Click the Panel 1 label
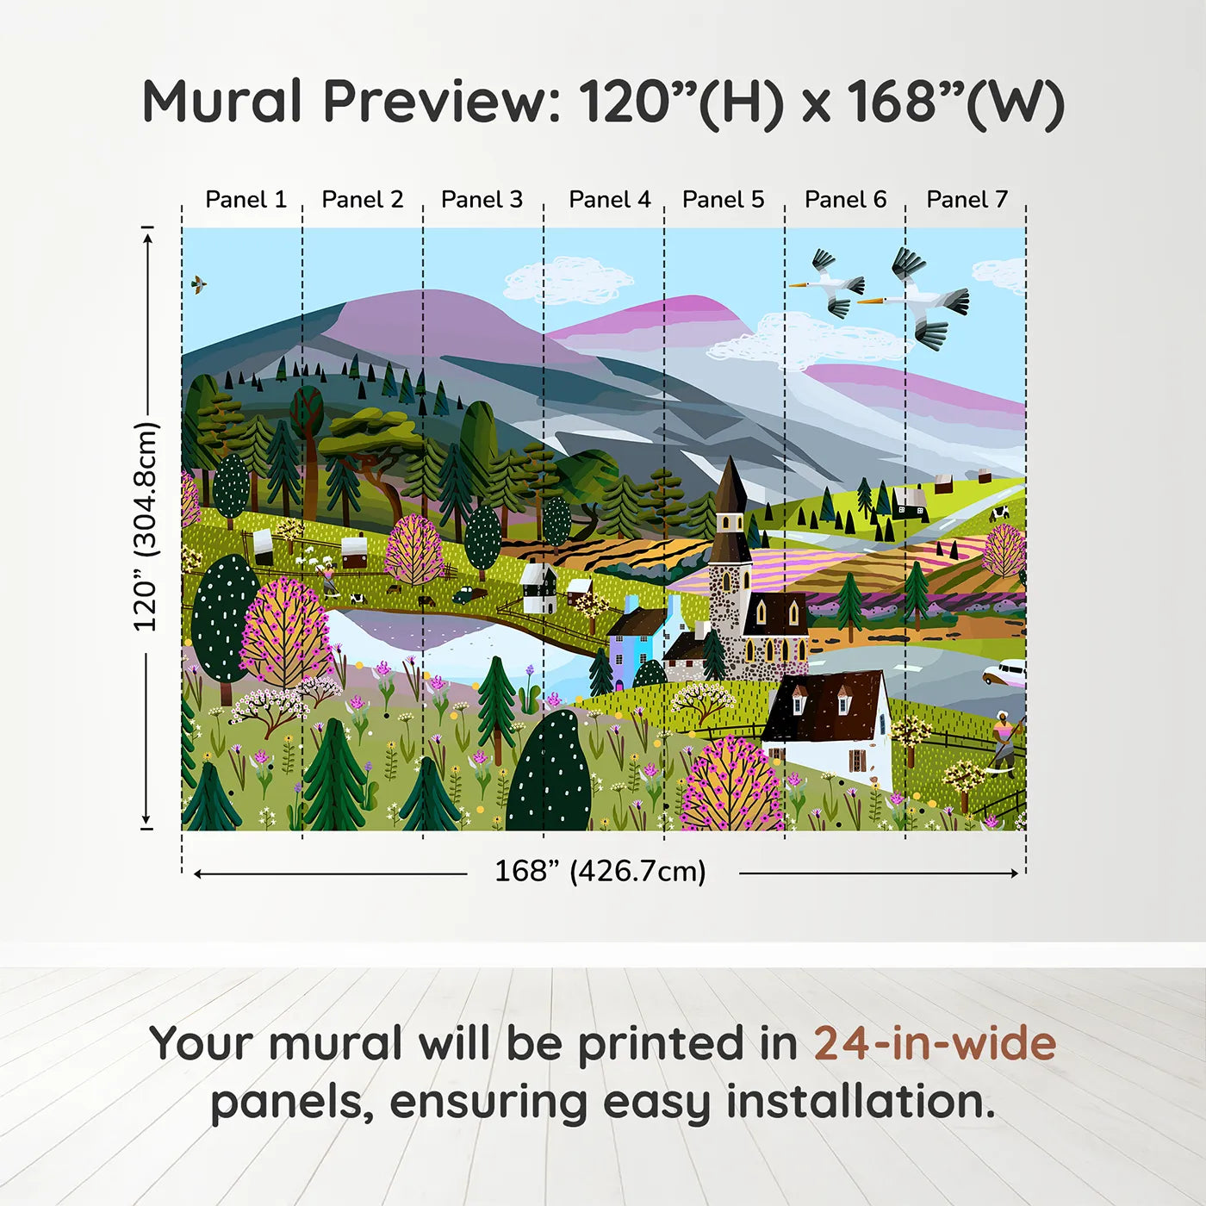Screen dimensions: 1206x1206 246,200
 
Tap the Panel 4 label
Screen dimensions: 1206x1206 609,200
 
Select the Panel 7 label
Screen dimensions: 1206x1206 967,200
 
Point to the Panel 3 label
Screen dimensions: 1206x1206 482,200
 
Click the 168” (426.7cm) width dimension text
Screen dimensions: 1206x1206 600,871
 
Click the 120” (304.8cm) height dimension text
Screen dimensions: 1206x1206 146,527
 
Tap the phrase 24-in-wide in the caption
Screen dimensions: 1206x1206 935,1043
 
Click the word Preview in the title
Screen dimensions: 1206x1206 442,102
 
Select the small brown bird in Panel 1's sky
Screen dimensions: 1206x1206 199,283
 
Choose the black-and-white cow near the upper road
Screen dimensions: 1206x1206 999,513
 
